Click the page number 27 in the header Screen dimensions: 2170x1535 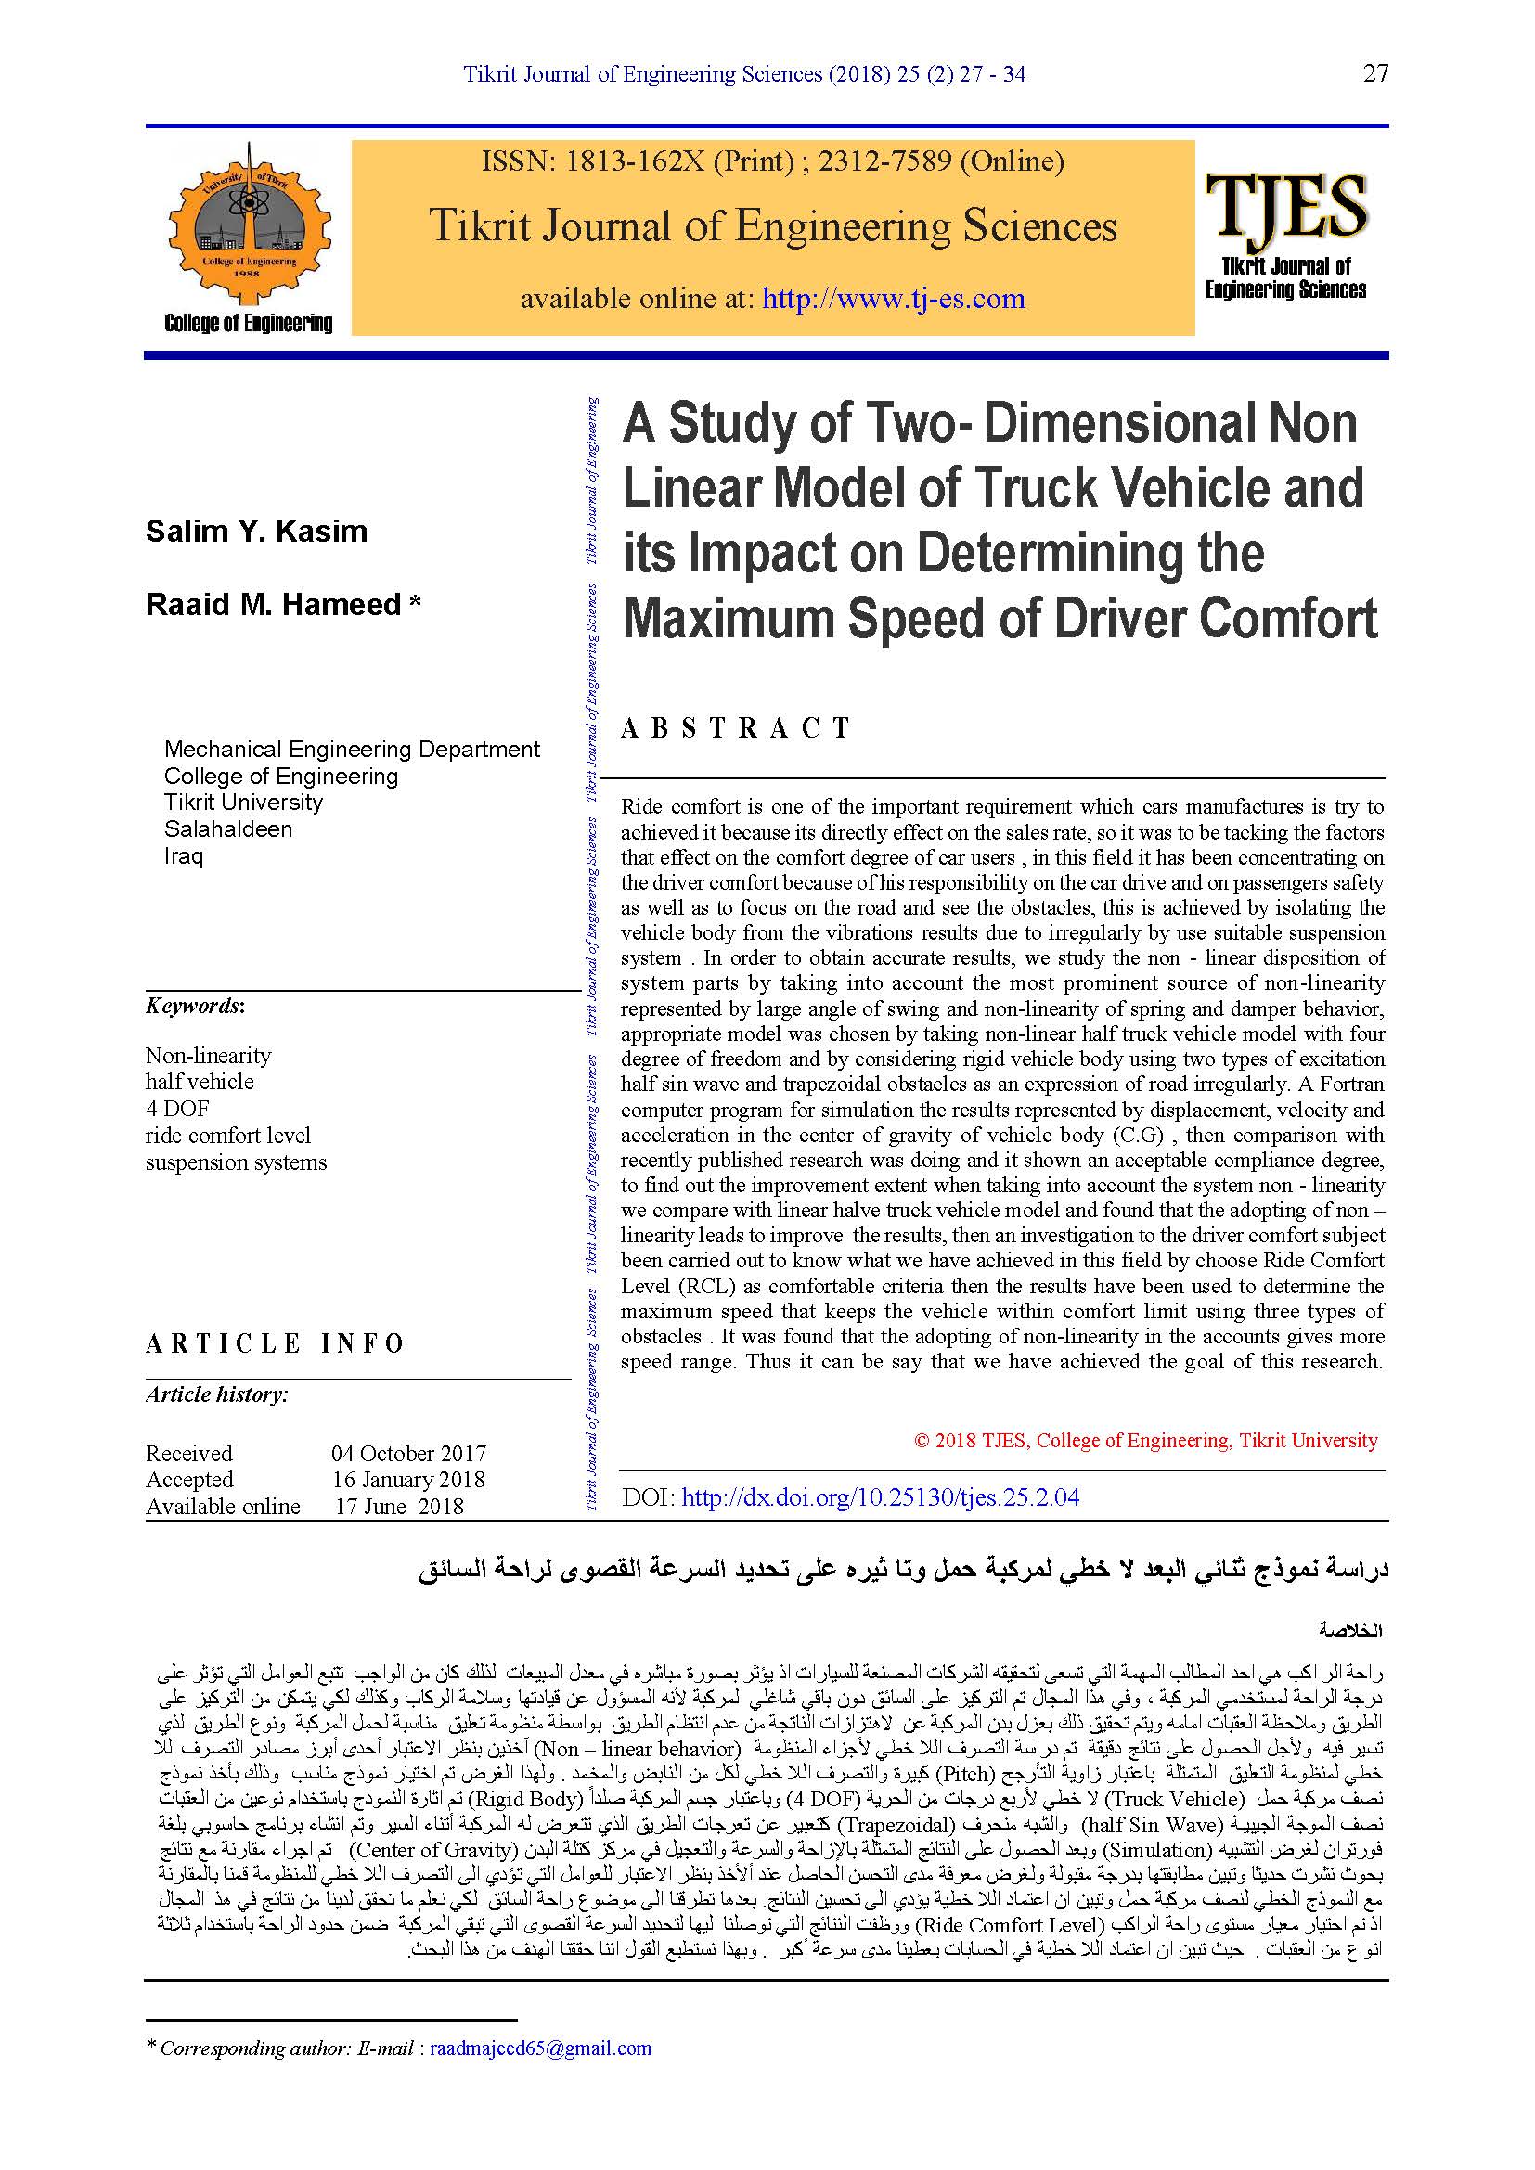(1375, 73)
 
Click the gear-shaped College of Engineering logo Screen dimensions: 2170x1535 (250, 229)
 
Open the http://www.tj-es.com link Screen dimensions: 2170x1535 (893, 299)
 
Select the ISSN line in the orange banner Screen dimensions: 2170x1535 (772, 161)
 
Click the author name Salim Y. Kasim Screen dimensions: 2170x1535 (256, 532)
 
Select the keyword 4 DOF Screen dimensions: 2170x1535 (176, 1108)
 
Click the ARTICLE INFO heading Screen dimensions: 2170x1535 (275, 1343)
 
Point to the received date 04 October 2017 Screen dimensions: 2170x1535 (408, 1453)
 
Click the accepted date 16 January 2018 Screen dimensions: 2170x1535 (408, 1479)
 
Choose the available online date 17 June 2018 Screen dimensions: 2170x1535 (399, 1506)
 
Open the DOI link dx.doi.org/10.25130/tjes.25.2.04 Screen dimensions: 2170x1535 (880, 1497)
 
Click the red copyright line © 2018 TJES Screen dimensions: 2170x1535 (1145, 1441)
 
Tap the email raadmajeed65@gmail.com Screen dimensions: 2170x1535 (541, 2048)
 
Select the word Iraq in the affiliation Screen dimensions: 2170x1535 (184, 856)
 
